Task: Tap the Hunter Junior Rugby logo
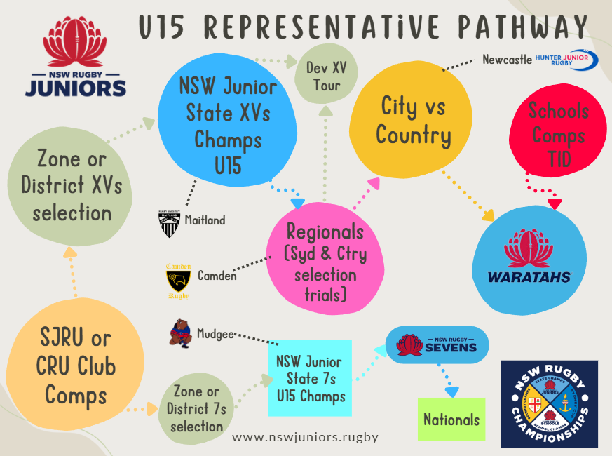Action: pos(566,60)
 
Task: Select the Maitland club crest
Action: pos(169,222)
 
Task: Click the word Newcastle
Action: pos(507,60)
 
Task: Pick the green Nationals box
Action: pos(451,420)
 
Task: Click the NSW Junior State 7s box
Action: pos(309,378)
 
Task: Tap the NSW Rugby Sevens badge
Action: pos(437,345)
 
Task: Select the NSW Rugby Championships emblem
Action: pos(550,404)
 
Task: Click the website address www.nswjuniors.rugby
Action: pos(305,437)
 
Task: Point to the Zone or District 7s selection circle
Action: pos(193,409)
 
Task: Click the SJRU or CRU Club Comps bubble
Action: pos(76,367)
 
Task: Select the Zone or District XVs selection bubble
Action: pos(72,186)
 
